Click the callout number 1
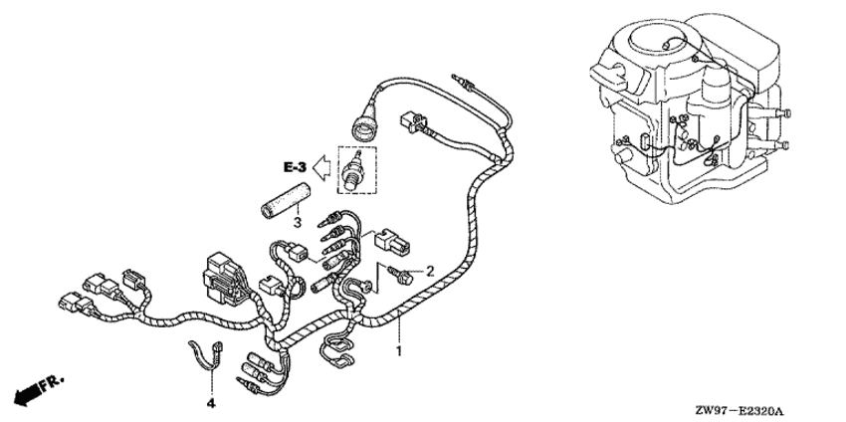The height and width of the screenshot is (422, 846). [399, 352]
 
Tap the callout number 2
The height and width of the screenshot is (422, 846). [430, 271]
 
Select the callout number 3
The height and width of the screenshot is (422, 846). [297, 222]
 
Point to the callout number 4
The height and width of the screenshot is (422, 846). [211, 403]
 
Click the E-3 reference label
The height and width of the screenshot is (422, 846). [296, 168]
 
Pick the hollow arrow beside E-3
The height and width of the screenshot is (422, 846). [322, 168]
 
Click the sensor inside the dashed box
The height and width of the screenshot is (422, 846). [353, 170]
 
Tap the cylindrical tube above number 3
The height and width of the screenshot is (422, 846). [284, 200]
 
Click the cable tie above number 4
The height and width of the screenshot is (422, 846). [208, 356]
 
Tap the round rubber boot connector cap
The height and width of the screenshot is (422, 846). [364, 127]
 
